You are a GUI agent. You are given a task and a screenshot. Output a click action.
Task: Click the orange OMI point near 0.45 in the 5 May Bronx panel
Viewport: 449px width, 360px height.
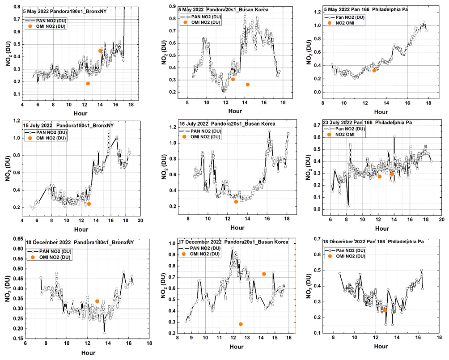pos(100,51)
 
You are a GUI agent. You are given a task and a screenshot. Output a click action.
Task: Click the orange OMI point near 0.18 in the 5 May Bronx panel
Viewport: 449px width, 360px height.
pos(88,84)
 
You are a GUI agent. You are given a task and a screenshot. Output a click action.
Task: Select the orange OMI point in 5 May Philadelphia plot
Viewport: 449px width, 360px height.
pos(374,70)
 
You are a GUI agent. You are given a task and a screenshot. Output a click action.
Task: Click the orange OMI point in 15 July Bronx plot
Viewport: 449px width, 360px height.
pos(89,204)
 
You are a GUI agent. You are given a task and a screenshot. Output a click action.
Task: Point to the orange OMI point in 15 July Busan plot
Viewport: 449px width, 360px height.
pos(236,202)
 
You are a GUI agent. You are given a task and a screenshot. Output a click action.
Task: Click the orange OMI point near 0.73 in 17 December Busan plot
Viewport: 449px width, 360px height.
pos(264,274)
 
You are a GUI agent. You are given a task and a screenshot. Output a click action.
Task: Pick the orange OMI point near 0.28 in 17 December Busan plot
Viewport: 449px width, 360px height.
pos(241,324)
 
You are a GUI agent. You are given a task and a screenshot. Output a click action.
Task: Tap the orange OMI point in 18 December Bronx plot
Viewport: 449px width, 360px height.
pos(97,301)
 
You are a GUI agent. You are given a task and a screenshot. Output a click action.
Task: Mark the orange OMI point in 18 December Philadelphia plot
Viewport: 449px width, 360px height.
pos(385,310)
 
